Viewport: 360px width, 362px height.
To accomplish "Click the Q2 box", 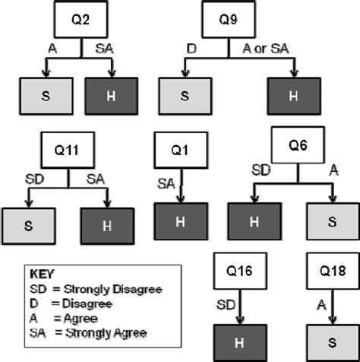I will [x=82, y=20].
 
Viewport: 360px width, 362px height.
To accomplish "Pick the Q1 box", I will [x=178, y=150].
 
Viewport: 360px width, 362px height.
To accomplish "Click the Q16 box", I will [x=240, y=271].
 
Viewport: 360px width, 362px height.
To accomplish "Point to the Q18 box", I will [x=333, y=271].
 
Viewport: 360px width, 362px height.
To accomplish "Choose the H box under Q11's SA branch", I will [x=107, y=225].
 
